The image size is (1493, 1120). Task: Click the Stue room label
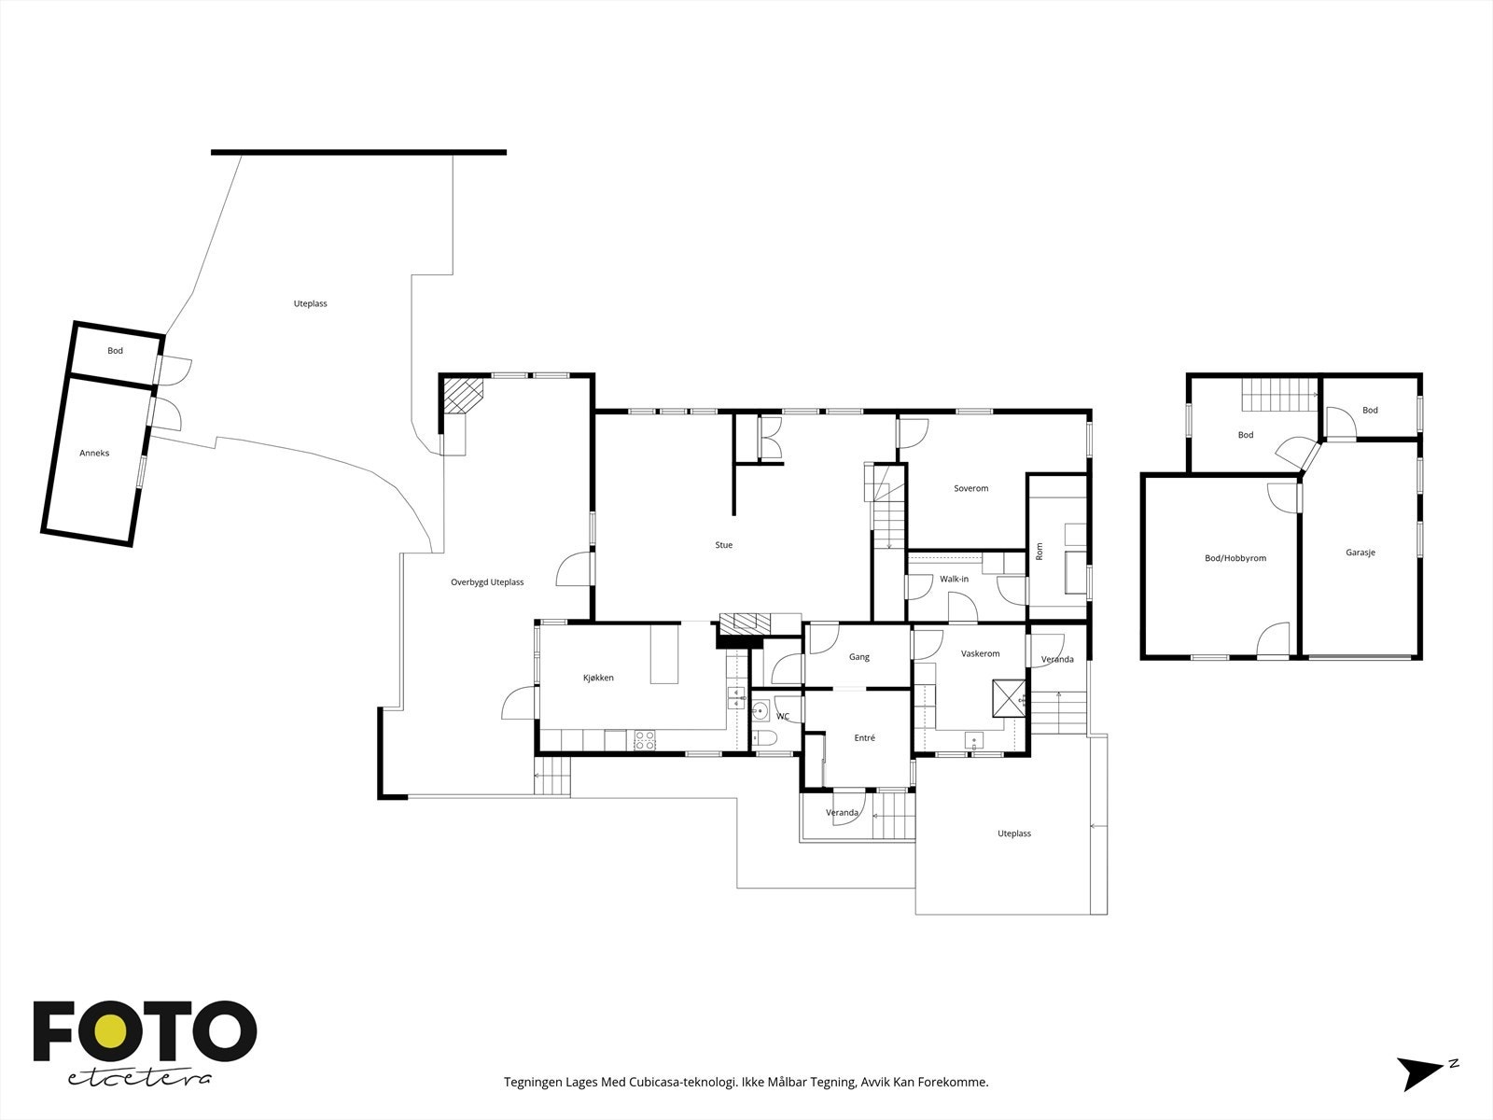pos(724,545)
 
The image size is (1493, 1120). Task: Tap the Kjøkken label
pos(598,678)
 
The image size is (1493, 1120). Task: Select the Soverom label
pos(970,488)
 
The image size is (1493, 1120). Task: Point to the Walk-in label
pos(954,579)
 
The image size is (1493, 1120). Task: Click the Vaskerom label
pos(980,653)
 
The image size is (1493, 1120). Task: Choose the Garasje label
pos(1360,553)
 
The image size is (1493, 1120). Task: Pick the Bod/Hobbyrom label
pos(1235,558)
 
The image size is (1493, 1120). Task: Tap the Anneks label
pos(94,453)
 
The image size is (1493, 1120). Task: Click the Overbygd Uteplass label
pos(487,582)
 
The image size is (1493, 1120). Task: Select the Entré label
pos(864,738)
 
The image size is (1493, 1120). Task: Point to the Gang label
pos(859,657)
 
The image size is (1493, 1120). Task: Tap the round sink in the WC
pos(760,711)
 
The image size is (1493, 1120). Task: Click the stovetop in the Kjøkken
pos(645,740)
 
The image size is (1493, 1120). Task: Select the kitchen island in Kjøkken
pos(664,653)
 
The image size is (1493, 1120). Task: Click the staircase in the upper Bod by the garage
pos(1280,395)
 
